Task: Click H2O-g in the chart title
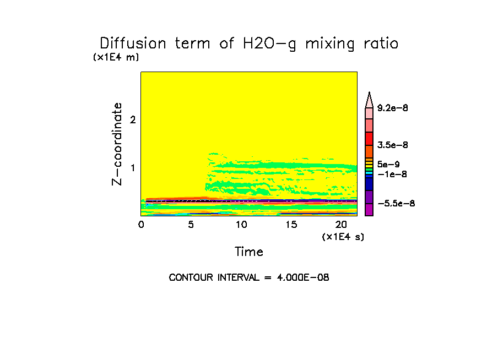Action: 268,44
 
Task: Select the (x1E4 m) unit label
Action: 116,57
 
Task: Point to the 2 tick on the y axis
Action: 133,120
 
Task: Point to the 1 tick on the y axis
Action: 133,168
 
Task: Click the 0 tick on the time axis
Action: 141,225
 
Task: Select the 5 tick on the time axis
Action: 191,225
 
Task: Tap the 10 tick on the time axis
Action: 241,225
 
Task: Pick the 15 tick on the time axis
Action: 291,225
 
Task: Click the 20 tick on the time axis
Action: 341,225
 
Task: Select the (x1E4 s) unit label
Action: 343,237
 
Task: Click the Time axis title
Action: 249,252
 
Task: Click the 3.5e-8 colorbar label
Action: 392,145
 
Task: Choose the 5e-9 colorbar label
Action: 389,164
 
